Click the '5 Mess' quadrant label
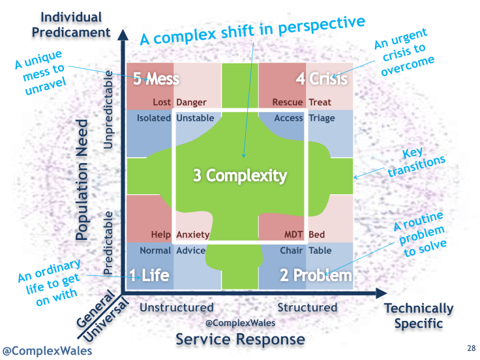[156, 80]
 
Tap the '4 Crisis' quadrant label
[322, 80]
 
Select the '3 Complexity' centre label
[240, 175]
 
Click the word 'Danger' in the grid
[191, 102]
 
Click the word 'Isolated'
[154, 118]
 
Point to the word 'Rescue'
[288, 102]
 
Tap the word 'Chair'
[292, 250]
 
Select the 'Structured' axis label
[307, 307]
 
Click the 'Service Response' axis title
[240, 339]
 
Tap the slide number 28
[472, 348]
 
